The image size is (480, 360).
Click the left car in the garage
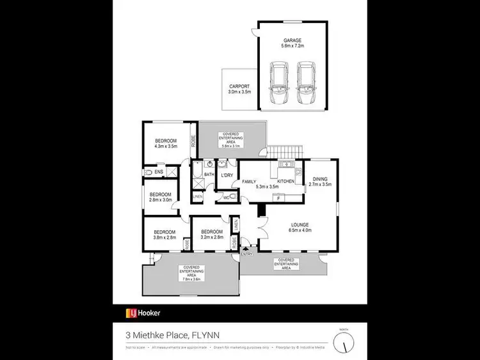click(x=279, y=84)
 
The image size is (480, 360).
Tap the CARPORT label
click(x=239, y=89)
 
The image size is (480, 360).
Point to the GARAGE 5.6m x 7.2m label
click(x=293, y=43)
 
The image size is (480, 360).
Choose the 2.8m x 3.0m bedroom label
click(x=161, y=197)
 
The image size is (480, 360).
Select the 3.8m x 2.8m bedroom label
click(x=164, y=234)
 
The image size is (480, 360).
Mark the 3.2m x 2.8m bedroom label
click(x=211, y=234)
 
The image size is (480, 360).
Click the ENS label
click(x=158, y=172)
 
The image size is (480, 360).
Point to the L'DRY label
click(x=226, y=175)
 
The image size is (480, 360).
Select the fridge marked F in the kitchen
click(x=279, y=199)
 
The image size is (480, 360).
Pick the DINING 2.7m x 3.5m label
click(x=320, y=182)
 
